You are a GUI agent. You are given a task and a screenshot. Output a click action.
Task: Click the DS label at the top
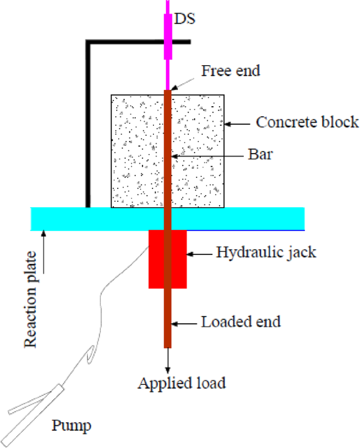point(183,19)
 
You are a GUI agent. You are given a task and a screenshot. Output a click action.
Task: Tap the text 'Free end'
point(231,71)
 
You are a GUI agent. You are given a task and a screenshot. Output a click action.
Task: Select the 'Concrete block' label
point(307,123)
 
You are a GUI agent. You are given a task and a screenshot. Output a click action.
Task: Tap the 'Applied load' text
point(181,383)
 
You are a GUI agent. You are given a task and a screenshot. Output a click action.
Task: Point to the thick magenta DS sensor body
point(168,37)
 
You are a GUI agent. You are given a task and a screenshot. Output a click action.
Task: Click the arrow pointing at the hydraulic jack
point(200,254)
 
